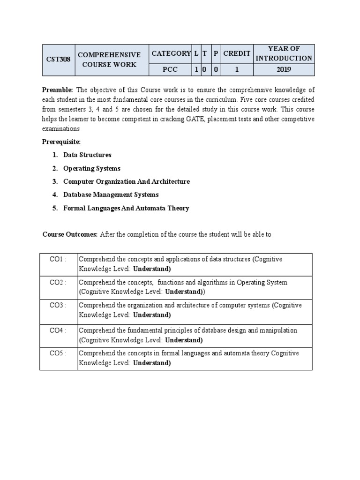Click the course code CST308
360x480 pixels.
[59, 60]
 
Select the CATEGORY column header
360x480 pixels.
[171, 53]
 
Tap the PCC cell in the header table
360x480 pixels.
[171, 70]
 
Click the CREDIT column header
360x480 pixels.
[237, 53]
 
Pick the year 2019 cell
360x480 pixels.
[284, 70]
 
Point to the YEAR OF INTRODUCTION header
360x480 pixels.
[284, 53]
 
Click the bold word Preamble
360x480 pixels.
[58, 90]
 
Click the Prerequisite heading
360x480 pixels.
[62, 142]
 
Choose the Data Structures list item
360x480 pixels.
[87, 155]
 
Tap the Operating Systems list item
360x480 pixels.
[92, 168]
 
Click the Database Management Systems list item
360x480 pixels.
[111, 195]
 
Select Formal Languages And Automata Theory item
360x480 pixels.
[126, 208]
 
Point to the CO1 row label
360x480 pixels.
[58, 259]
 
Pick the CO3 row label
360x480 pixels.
[58, 305]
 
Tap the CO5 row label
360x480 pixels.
[58, 353]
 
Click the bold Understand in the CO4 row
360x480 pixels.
[184, 340]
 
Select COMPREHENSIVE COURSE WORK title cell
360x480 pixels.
[109, 60]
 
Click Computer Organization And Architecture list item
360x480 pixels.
[127, 181]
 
